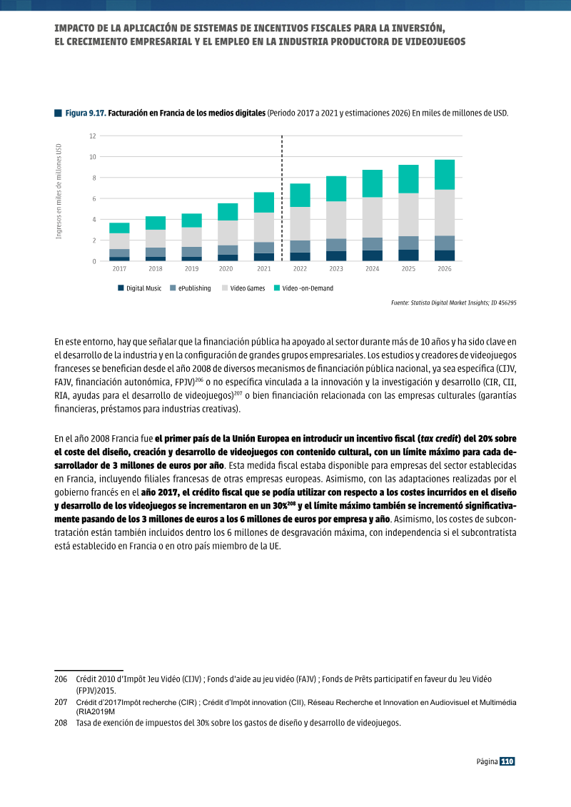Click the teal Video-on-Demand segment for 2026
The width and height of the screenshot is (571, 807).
[445, 175]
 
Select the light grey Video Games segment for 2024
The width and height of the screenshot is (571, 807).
[373, 217]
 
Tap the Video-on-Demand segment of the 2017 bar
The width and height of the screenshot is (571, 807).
[119, 228]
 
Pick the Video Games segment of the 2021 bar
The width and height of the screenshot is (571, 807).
[264, 228]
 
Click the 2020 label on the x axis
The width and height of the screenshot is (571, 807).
[226, 269]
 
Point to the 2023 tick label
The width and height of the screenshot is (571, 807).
[336, 269]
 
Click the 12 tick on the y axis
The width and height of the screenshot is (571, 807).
[93, 136]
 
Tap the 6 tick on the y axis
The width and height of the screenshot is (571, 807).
[94, 198]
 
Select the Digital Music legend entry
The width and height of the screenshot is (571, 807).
[139, 288]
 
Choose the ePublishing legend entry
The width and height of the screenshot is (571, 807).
[190, 288]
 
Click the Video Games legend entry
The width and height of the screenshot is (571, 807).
[243, 288]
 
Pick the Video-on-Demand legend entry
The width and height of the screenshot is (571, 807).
[303, 288]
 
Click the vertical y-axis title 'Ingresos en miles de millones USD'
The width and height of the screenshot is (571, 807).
[59, 191]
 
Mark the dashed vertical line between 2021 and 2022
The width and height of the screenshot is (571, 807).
[282, 198]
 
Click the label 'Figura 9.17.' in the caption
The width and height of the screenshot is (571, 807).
[86, 113]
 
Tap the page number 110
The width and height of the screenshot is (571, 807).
[507, 761]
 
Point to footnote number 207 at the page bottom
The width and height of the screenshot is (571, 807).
[61, 703]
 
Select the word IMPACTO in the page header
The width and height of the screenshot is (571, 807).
[73, 29]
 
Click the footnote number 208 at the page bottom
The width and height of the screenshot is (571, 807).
[61, 723]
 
